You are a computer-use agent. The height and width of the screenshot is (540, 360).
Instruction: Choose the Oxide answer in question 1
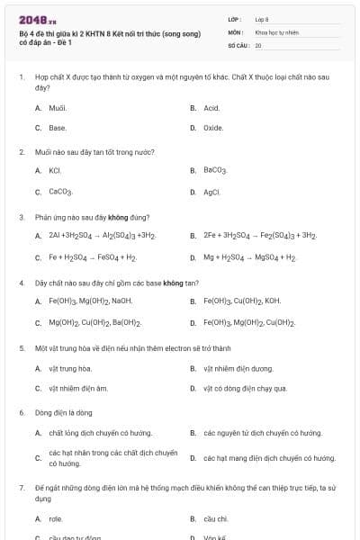coord(213,128)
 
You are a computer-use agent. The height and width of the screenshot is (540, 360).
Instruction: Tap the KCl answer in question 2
coord(55,170)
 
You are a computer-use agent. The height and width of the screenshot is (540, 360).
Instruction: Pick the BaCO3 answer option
coord(215,170)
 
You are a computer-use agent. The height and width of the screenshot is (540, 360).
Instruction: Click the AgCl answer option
coord(212,192)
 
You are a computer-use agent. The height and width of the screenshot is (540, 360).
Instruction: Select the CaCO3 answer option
coord(60,192)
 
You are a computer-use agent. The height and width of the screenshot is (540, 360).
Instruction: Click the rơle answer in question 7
coord(56,518)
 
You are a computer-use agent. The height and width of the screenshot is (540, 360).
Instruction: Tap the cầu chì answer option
coord(216,518)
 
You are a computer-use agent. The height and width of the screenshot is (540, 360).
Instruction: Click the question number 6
coord(22,413)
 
